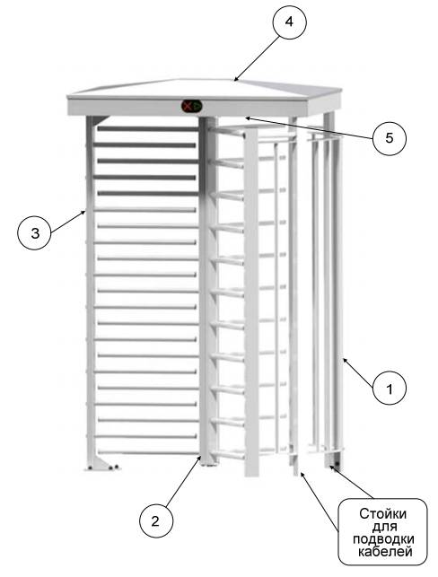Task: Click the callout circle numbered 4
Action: click(289, 22)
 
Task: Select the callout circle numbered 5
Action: click(389, 138)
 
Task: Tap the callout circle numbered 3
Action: click(35, 233)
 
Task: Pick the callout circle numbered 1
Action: click(389, 389)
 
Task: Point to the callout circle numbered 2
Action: click(156, 520)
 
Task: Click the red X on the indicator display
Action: click(188, 107)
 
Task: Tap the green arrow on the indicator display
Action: click(197, 107)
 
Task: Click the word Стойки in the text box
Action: click(382, 513)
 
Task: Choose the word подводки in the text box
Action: click(383, 539)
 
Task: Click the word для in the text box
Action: click(384, 527)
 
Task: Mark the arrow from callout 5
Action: click(309, 127)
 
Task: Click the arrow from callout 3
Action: click(68, 221)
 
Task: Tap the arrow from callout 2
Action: click(183, 481)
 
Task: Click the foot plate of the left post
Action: click(101, 465)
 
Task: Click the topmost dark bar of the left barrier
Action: click(147, 129)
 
